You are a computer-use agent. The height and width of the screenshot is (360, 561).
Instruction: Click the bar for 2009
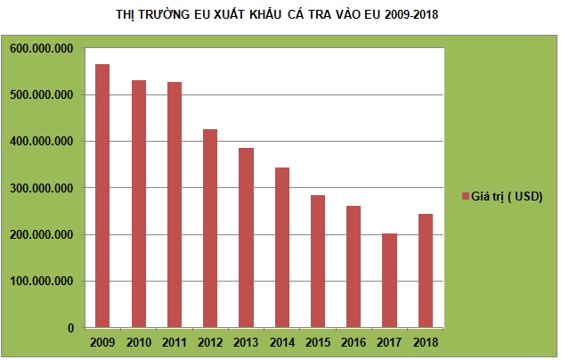point(102,196)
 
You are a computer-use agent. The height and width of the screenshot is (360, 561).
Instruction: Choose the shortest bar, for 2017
point(388,280)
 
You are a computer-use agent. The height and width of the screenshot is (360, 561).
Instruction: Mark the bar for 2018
point(424,271)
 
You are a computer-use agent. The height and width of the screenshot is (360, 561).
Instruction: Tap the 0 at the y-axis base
point(69,328)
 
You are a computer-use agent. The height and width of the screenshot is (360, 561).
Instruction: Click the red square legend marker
point(466,196)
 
